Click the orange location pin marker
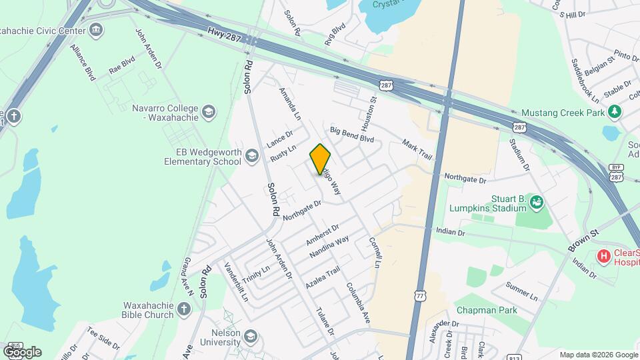pyautogui.click(x=320, y=159)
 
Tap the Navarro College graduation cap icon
pyautogui.click(x=209, y=111)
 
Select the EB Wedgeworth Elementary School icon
pyautogui.click(x=251, y=157)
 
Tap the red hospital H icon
pyautogui.click(x=603, y=255)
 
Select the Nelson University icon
pyautogui.click(x=250, y=335)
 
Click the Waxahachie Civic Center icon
pyautogui.click(x=96, y=30)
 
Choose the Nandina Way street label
pyautogui.click(x=329, y=248)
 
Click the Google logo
pyautogui.click(x=22, y=351)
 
